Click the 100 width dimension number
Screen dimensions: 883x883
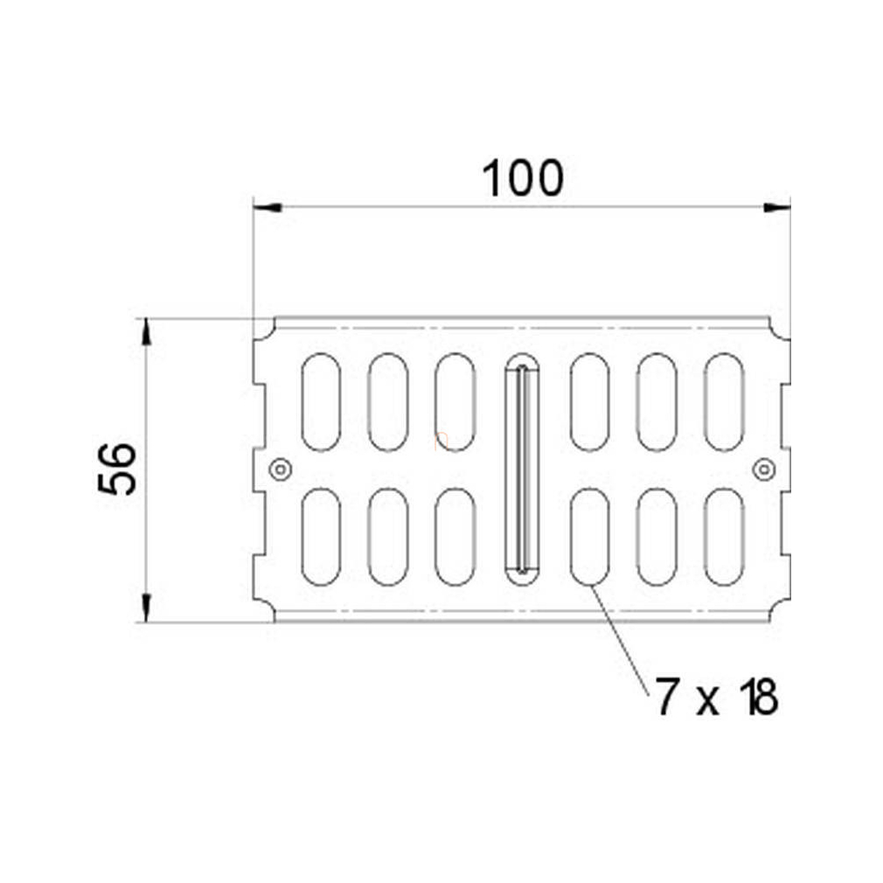tap(523, 178)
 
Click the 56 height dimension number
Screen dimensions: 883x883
tap(117, 469)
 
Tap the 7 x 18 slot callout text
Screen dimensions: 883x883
tap(717, 697)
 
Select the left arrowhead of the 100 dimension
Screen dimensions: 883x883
tap(268, 208)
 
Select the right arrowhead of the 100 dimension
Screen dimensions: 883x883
tap(776, 208)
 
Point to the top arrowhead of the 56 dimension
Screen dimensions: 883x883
tap(146, 331)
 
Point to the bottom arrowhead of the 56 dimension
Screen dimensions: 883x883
tap(146, 608)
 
